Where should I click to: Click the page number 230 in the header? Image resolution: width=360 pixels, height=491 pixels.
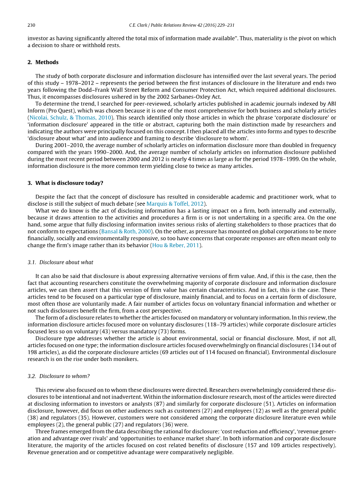pos(31,25)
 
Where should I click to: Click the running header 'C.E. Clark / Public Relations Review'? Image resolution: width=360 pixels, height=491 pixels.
pos(164,25)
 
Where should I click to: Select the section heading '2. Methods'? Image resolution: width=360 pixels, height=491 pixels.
pos(43,62)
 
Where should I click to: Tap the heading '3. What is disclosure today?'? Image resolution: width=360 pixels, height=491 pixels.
pos(65,183)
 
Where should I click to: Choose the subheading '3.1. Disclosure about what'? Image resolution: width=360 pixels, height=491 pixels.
pos(60,262)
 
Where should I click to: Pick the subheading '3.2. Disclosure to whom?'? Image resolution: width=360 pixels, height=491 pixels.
pos(59,376)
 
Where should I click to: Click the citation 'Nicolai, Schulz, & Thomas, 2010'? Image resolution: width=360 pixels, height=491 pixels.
pos(70,117)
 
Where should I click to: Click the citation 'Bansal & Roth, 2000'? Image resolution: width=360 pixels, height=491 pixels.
pos(126,232)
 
